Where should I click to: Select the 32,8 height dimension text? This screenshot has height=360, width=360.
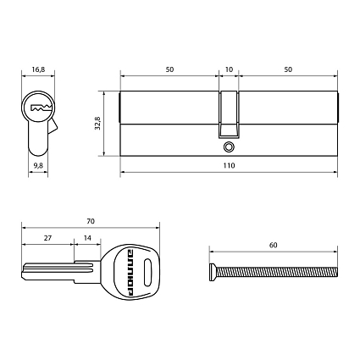98,123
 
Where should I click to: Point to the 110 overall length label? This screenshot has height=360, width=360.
229,166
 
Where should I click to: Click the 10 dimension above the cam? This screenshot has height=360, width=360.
229,70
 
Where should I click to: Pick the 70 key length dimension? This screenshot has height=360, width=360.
91,220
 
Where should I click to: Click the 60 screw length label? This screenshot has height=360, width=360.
273,245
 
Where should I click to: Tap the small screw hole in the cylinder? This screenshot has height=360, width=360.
228,147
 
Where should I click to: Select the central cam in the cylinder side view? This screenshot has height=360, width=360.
228,114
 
